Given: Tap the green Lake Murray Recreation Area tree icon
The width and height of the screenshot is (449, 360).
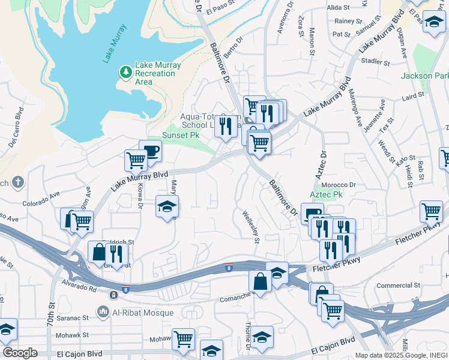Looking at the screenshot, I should click(125, 73).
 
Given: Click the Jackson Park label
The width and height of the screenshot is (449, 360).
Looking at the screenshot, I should click(425, 76).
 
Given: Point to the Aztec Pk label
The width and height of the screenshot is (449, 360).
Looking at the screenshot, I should click(325, 195).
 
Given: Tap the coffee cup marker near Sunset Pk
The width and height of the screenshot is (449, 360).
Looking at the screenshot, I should click(150, 151).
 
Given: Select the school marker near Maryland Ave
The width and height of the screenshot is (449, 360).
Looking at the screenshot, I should click(167, 207).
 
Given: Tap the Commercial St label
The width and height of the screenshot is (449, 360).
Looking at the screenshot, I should click(397, 286).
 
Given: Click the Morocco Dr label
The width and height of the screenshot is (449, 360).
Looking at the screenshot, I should click(339, 185).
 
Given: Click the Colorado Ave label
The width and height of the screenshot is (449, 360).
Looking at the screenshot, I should click(42, 199).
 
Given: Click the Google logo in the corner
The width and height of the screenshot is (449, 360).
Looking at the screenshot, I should click(20, 353).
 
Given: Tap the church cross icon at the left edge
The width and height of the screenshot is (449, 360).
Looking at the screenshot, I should click(18, 182).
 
